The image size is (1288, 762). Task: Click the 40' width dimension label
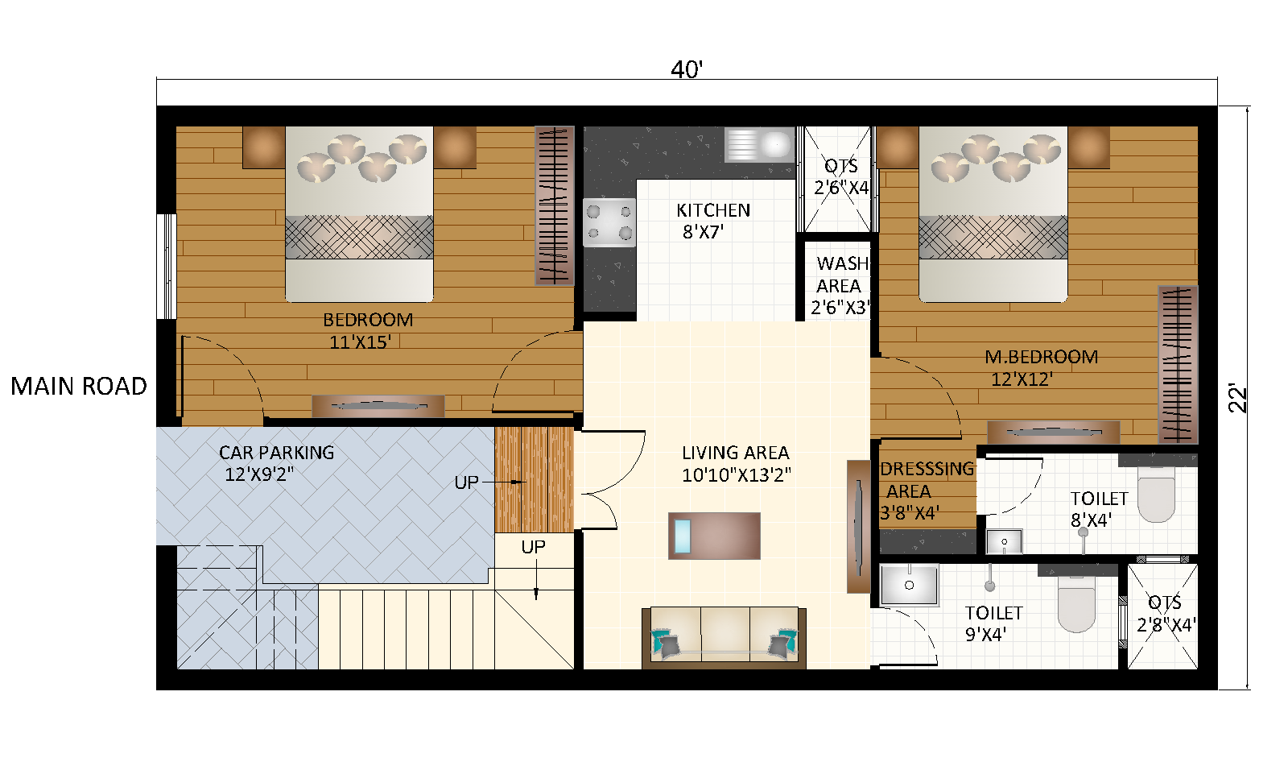click(687, 71)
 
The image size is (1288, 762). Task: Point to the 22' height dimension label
click(1237, 400)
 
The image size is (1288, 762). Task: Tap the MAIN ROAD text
click(79, 387)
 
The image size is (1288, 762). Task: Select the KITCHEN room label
click(713, 210)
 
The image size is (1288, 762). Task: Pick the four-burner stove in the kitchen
click(609, 222)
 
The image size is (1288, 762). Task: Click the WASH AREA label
click(841, 275)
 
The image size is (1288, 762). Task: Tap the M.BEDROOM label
click(1041, 357)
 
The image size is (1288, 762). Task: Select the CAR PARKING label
click(276, 453)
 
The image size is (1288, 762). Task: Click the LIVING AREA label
click(735, 453)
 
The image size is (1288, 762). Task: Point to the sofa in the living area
click(724, 636)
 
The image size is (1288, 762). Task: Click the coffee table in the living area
click(714, 536)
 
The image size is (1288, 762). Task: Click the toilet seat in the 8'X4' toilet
click(1156, 497)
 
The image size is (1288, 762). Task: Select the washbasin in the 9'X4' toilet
click(909, 584)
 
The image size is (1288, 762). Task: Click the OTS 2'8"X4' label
click(1165, 613)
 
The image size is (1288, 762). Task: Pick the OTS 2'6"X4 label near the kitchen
click(841, 176)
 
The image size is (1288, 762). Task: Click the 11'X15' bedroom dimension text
click(360, 342)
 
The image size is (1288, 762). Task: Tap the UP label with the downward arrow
click(533, 548)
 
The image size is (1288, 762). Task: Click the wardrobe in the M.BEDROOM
click(1177, 363)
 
